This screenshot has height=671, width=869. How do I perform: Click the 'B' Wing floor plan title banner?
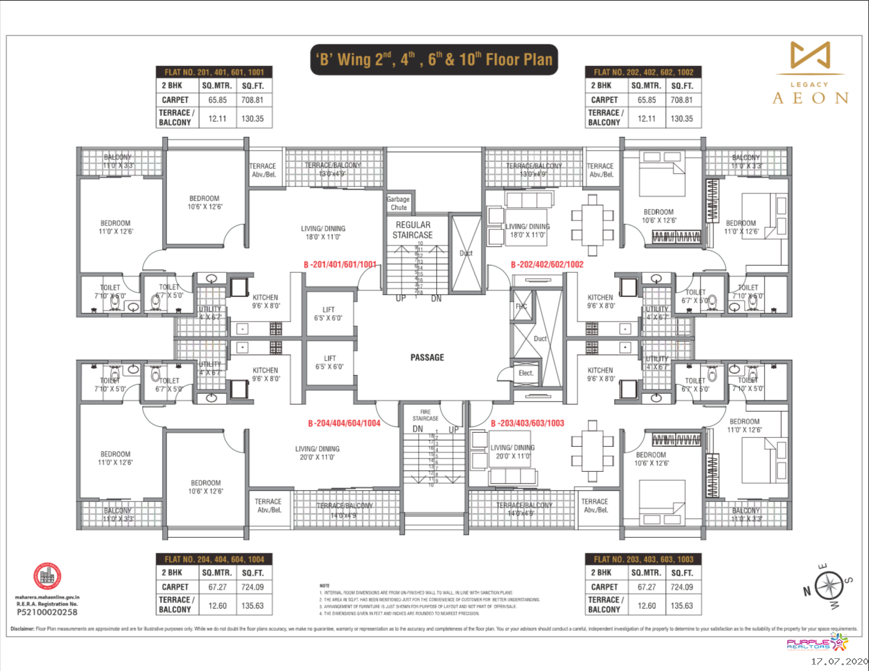434,60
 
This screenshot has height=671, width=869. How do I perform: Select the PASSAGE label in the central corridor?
427,357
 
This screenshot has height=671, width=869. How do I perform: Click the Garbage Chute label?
398,203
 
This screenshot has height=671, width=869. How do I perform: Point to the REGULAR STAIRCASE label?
413,230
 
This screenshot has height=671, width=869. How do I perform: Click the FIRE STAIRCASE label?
426,415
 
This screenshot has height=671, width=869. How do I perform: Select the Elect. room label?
526,373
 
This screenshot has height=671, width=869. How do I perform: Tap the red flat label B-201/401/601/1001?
340,264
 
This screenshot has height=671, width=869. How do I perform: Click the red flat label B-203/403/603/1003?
528,423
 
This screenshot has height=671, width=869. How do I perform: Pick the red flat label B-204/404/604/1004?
344,423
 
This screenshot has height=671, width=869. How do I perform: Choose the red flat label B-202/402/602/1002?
547,264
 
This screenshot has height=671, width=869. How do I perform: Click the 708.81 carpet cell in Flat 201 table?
252,100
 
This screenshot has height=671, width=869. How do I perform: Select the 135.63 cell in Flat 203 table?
681,605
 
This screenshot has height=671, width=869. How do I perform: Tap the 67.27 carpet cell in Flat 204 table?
217,587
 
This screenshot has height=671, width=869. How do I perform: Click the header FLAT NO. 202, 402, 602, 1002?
643,72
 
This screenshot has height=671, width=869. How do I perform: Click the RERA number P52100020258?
47,612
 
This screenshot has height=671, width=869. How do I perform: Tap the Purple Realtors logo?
817,643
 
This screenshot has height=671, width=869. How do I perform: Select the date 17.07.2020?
839,661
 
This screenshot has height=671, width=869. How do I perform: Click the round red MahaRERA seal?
47,576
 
